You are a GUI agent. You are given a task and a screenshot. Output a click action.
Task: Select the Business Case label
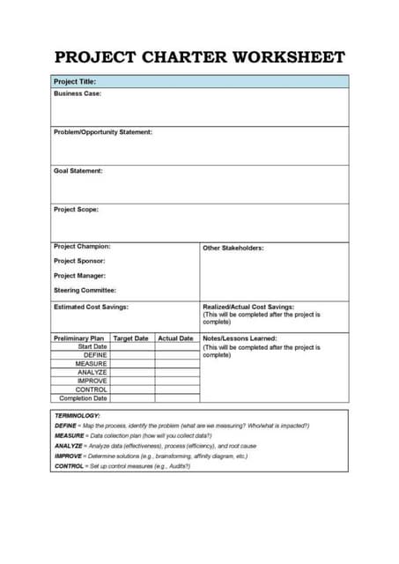click(x=78, y=93)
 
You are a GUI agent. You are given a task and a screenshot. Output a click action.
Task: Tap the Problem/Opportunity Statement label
click(x=103, y=132)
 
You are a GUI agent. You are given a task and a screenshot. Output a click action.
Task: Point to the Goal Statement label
click(x=78, y=171)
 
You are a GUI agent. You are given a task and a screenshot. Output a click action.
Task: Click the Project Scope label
click(x=77, y=210)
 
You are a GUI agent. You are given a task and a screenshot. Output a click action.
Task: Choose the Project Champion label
click(x=82, y=247)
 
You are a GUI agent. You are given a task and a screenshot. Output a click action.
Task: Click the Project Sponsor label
click(x=80, y=261)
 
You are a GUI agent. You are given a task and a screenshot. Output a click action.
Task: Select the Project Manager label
click(x=80, y=276)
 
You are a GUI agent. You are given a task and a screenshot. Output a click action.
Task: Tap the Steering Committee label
click(x=85, y=290)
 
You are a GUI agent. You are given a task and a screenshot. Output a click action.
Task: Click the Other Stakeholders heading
click(x=233, y=248)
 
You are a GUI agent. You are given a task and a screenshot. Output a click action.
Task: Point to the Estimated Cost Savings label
click(x=92, y=307)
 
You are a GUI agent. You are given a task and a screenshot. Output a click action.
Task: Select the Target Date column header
click(x=131, y=338)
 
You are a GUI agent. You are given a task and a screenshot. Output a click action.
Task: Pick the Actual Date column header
click(x=175, y=338)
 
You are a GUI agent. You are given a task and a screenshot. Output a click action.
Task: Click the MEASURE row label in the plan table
click(x=92, y=364)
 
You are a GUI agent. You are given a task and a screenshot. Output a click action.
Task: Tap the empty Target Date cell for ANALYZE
click(x=132, y=373)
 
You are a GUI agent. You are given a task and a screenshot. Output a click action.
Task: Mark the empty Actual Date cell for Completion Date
click(x=177, y=398)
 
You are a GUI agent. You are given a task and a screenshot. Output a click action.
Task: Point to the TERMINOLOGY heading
click(x=78, y=415)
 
